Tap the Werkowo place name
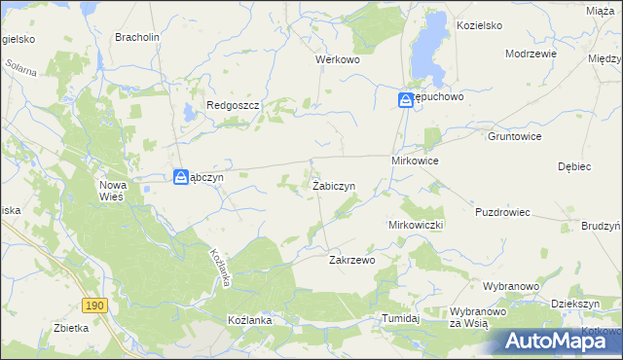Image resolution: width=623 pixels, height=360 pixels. coord(338,59)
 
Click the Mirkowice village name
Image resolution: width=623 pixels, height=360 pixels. coord(415,160)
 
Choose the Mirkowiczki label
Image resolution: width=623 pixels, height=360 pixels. coord(416,225)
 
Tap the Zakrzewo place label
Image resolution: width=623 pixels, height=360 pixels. coord(351,260)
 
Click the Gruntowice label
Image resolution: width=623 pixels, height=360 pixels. coord(514,137)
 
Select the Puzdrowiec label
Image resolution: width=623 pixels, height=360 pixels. coord(502,211)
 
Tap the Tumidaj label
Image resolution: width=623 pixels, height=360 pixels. coord(400,318)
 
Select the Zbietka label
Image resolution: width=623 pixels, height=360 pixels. coord(72,328)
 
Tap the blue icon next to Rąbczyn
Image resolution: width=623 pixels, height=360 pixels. coord(181,177)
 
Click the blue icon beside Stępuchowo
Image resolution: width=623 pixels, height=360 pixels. coord(405,99)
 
